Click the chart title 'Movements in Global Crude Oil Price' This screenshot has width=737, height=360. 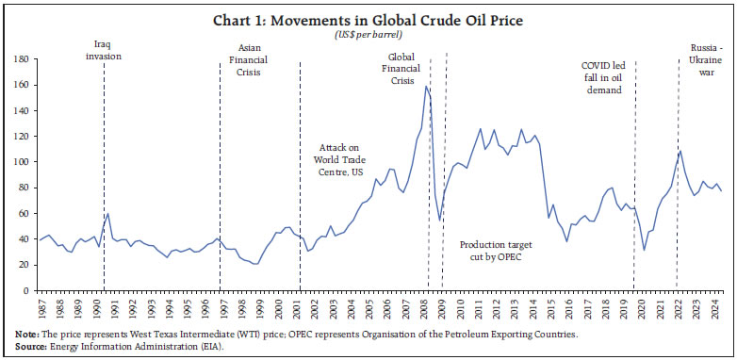(368, 18)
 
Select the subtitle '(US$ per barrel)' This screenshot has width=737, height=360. (368, 34)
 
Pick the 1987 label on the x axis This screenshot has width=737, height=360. (41, 310)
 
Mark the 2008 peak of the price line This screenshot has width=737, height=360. (426, 87)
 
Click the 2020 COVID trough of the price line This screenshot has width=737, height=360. (644, 251)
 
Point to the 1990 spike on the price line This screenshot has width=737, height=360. (108, 214)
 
